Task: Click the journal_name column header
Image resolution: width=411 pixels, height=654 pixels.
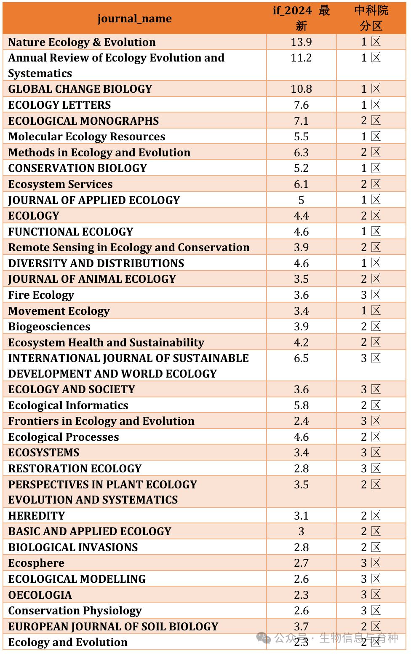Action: coord(134,19)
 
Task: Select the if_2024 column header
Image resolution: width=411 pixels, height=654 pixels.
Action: coord(301,18)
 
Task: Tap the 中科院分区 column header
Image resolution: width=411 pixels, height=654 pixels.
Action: coord(371,18)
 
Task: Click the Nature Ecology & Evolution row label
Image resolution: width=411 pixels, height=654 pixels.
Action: coord(82,42)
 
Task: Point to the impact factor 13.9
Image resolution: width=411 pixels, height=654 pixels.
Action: coord(301,42)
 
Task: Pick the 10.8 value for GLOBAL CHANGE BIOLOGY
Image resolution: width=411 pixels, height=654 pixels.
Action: coord(301,89)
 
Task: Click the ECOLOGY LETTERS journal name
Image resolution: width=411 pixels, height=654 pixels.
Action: coord(60,105)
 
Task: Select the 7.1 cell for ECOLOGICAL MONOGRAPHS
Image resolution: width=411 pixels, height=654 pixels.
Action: coord(301,121)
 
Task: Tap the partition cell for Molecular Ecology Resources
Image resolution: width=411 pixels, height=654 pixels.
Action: coord(371,137)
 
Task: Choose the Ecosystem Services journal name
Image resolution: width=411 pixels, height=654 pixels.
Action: coord(61,184)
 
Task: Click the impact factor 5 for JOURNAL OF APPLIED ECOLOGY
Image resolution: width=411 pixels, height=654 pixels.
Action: coord(301,200)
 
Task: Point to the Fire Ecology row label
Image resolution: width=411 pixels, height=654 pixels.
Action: coord(41,295)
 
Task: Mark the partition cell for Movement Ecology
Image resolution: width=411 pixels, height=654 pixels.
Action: coord(371,311)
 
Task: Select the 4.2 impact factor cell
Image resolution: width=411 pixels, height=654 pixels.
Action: coord(301,343)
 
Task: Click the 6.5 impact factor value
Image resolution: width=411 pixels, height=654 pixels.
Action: coord(301,358)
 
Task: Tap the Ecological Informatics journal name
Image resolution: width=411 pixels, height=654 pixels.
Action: coord(68,405)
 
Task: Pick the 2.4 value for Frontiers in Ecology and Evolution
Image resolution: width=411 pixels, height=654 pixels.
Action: coord(301,421)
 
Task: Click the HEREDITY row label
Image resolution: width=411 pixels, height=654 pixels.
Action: coord(37,516)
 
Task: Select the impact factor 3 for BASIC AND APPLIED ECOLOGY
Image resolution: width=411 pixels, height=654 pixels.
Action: coord(301,531)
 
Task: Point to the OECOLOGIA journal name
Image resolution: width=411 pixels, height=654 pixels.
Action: coord(40,595)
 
